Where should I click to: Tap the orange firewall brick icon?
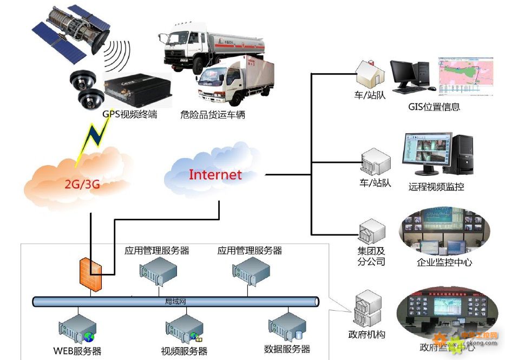pyautogui.click(x=90, y=272)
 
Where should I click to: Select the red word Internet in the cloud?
pyautogui.click(x=215, y=174)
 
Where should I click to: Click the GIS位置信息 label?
pyautogui.click(x=434, y=107)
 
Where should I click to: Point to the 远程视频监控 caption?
pyautogui.click(x=436, y=187)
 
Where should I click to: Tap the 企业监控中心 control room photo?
pyautogui.click(x=443, y=234)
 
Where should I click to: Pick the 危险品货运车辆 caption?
pyautogui.click(x=213, y=115)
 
